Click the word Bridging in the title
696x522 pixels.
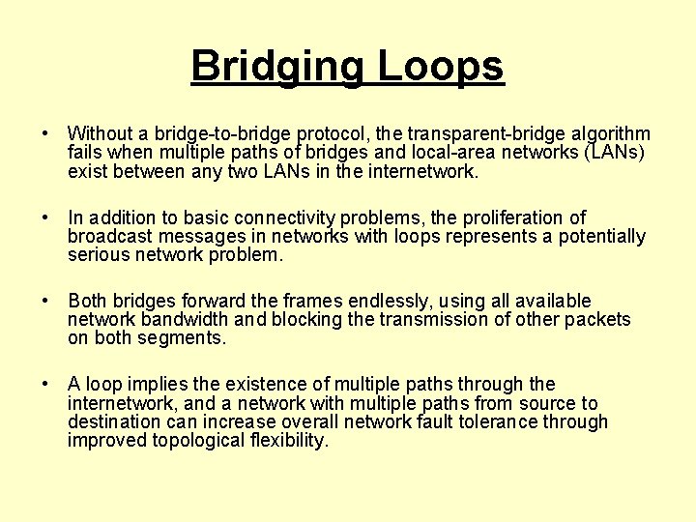pos(277,68)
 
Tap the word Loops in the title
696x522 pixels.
pos(441,66)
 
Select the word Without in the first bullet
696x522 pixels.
pos(101,133)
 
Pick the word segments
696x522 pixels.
pos(184,338)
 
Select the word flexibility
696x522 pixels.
pos(289,441)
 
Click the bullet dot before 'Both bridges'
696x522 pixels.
pos(45,302)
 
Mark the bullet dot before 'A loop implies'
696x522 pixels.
pos(45,385)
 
